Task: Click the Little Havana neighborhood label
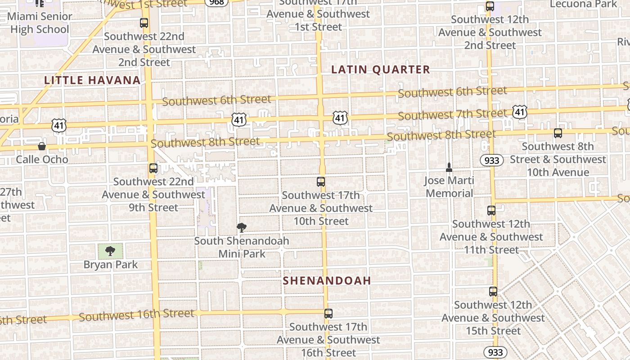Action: [92, 81]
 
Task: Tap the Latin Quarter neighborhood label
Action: [381, 69]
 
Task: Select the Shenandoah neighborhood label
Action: [327, 281]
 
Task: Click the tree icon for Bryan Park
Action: [110, 251]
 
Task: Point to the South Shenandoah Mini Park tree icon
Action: [242, 228]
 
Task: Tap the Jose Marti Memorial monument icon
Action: [449, 168]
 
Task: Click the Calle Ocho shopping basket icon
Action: [42, 146]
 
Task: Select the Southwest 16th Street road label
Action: [136, 315]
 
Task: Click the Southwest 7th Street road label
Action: [452, 114]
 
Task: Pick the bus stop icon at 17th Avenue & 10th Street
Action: [321, 182]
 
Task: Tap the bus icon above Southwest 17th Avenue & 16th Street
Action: [328, 314]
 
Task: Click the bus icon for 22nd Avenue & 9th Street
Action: [153, 168]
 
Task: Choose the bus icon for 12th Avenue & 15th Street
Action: [493, 292]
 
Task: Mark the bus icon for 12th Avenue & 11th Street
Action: [491, 211]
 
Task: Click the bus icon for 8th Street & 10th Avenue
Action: [558, 133]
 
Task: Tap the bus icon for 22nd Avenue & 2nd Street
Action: [144, 23]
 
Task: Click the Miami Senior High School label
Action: [40, 23]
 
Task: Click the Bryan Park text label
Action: [111, 264]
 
